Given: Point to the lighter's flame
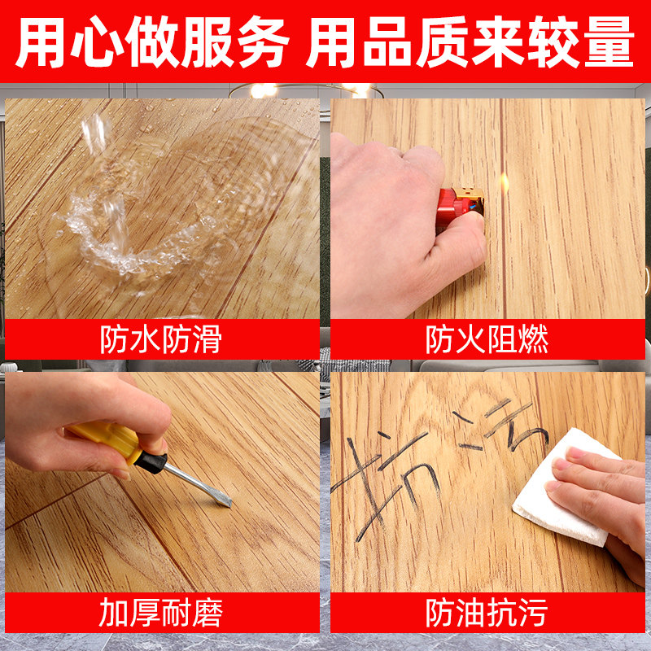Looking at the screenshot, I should click(504, 181).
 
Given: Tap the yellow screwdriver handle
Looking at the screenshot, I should click(106, 440).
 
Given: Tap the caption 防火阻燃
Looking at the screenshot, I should click(487, 339).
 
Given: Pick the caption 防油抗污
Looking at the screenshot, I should click(487, 613).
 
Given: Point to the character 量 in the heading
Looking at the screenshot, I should click(605, 42).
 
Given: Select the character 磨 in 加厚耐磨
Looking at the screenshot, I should click(207, 613).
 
